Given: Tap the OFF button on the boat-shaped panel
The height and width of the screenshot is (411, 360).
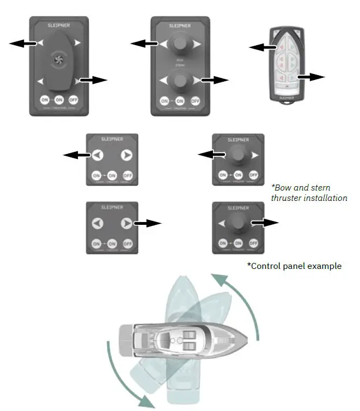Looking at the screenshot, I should click(x=74, y=100).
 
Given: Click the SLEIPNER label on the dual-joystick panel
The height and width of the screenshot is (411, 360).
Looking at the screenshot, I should click(x=180, y=26).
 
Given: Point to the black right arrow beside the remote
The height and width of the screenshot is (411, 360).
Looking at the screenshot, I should click(x=312, y=77).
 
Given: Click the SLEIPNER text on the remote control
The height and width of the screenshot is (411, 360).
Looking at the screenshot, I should click(x=287, y=99).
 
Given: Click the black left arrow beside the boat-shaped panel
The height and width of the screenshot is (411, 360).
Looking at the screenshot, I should click(x=23, y=43).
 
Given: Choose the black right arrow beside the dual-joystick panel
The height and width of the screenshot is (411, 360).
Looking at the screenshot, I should click(x=213, y=80).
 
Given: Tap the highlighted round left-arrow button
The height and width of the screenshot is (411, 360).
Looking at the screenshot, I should click(x=96, y=155).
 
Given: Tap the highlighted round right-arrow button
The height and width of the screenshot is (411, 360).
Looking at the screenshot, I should click(x=126, y=223).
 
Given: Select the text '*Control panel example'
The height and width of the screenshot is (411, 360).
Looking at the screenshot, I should click(x=294, y=266).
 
